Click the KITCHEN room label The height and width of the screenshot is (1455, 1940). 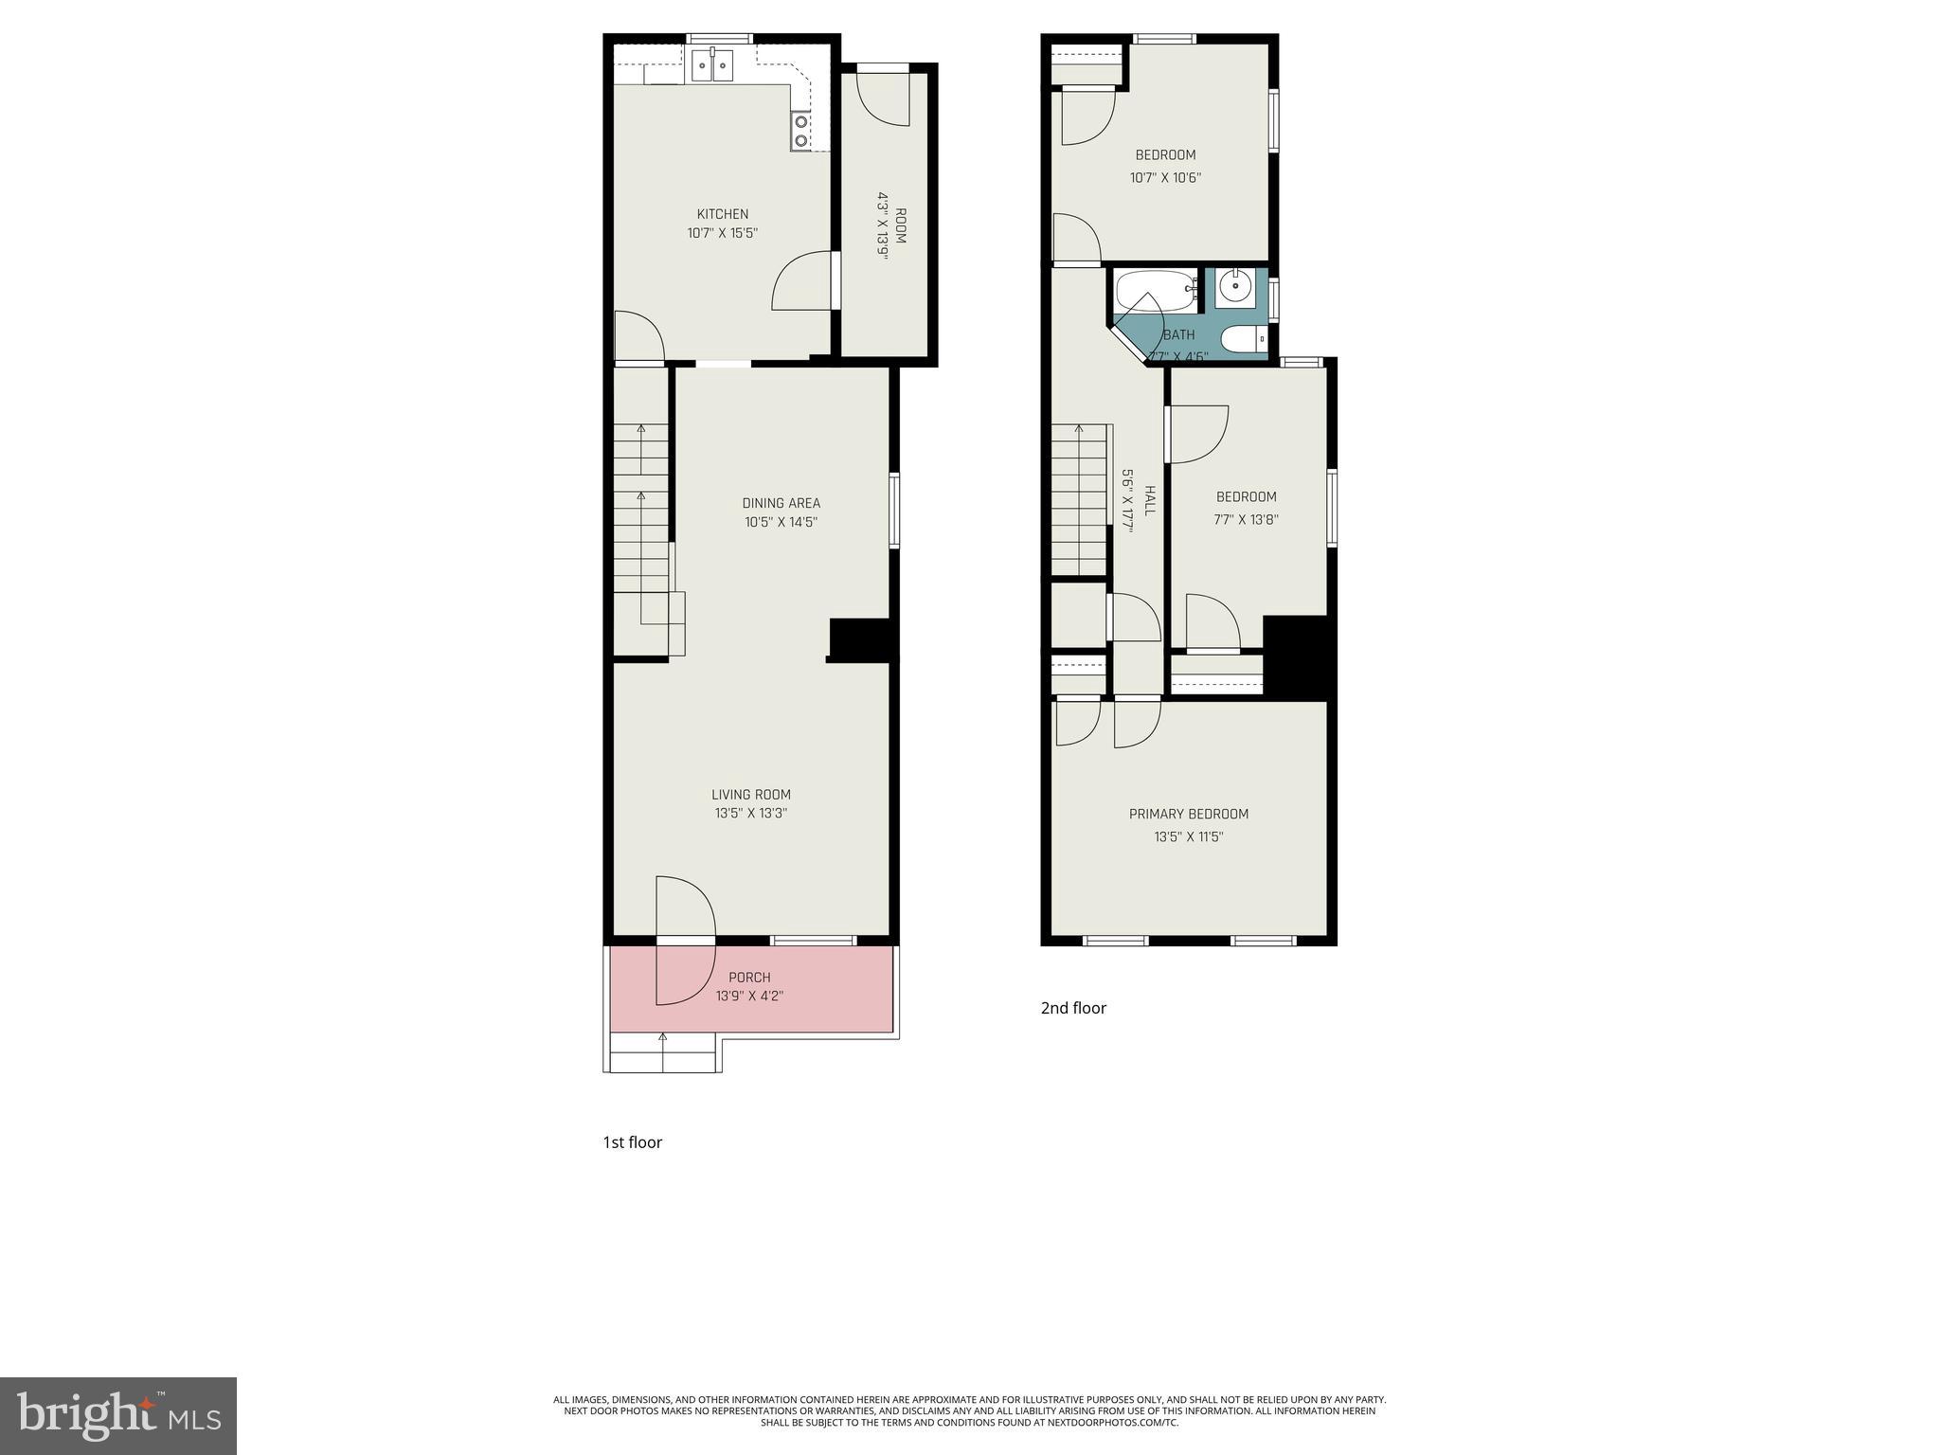coord(723,214)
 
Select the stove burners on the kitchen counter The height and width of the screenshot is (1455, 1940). coord(801,131)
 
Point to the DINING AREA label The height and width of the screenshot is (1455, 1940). coord(781,503)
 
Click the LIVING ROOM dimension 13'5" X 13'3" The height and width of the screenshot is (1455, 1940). coord(751,813)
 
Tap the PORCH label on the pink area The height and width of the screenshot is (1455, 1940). coord(749,977)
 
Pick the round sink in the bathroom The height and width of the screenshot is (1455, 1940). coord(1235,285)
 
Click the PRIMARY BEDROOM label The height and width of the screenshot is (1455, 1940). coord(1188,814)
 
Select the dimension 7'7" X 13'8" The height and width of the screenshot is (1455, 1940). coord(1246,519)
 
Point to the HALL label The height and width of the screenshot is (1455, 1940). coord(1150,501)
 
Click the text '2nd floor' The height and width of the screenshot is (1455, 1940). coord(1073,1008)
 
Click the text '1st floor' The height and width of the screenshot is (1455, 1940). coord(632,1142)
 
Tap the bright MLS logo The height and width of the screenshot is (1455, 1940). coord(118,1415)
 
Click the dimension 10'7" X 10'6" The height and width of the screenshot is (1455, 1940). coord(1165,177)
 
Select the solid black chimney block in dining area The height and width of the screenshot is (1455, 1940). coord(860,639)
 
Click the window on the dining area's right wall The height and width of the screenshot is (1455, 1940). coord(893,511)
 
